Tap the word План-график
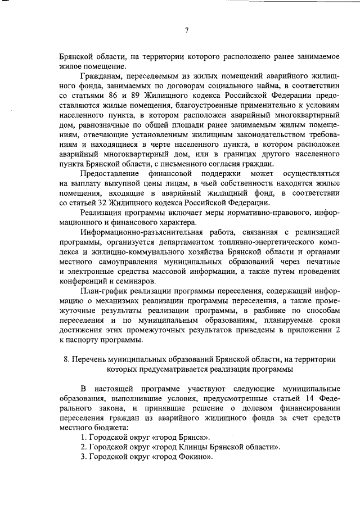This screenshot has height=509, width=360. [x=104, y=291]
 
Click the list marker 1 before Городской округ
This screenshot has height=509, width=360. [x=83, y=438]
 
